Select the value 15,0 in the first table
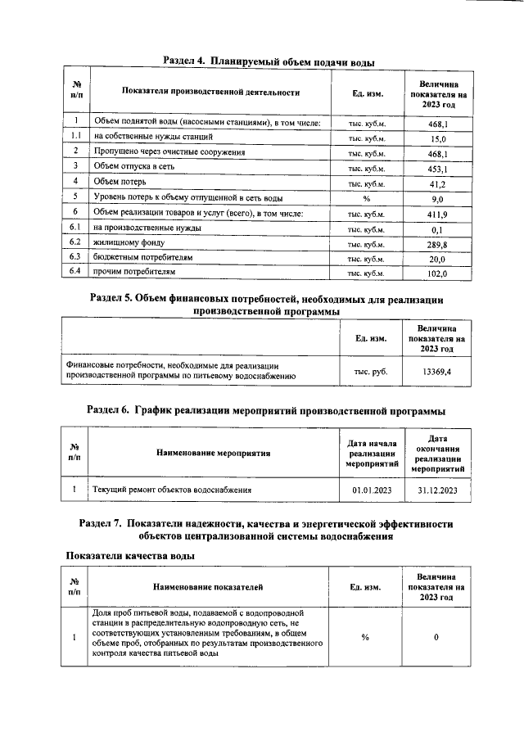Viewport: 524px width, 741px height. point(437,138)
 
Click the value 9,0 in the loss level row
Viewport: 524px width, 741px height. point(437,199)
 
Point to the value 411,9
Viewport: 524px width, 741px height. point(437,214)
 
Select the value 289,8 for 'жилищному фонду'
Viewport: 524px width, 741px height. point(437,244)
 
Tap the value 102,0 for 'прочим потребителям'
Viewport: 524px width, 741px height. point(437,273)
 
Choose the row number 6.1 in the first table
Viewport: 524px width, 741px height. point(75,228)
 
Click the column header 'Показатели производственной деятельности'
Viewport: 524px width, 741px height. point(210,92)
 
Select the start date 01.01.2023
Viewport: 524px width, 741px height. point(373,490)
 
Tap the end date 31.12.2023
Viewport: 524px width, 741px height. point(437,490)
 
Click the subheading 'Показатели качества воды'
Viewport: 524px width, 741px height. point(129,556)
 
